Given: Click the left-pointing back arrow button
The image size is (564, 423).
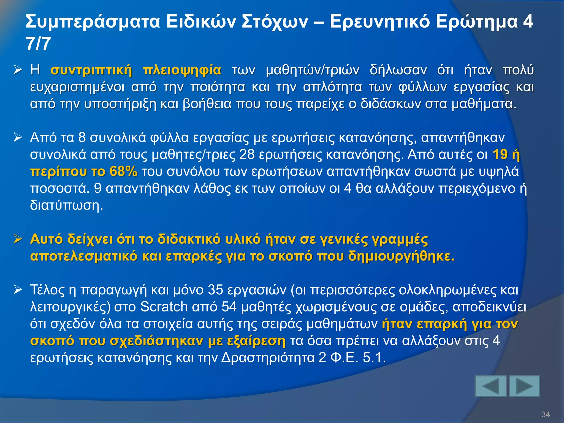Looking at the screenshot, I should coord(490,386).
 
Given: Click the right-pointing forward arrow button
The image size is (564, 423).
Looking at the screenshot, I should coord(524,386).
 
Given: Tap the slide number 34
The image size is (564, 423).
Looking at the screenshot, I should coord(546,414).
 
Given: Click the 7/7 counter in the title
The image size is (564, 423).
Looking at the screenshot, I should coord(38,44).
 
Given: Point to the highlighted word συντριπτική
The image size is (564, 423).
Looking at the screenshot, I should coord(91,70).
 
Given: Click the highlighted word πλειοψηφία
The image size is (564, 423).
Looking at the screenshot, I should coord(182,70).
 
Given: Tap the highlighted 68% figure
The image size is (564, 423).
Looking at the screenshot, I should coord(123,171).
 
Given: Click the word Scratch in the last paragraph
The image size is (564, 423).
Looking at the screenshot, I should coord(164,307).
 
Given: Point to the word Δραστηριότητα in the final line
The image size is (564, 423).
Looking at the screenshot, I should coord(268,358).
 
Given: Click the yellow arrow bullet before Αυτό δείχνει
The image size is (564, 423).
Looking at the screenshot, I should coord(18,239).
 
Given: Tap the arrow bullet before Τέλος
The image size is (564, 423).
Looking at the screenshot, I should coord(18,290).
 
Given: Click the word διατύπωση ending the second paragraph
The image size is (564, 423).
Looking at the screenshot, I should coord(66,205).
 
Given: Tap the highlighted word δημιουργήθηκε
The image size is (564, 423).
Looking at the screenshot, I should coord(401,256).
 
